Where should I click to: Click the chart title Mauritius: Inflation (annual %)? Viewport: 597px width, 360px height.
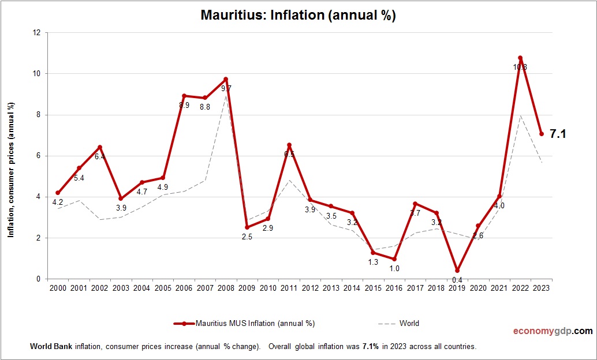(x=298, y=15)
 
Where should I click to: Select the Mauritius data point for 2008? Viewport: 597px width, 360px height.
(x=226, y=79)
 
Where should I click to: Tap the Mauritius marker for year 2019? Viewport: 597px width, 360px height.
(x=457, y=271)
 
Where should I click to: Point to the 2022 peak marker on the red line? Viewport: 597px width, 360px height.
(x=520, y=58)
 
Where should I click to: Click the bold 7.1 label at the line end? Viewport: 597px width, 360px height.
(x=557, y=134)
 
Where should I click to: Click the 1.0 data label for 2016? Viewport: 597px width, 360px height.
(x=394, y=268)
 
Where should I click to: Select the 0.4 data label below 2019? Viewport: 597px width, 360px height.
(x=457, y=280)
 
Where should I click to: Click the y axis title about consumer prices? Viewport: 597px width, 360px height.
(x=11, y=170)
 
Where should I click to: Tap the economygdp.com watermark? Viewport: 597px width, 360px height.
(x=553, y=331)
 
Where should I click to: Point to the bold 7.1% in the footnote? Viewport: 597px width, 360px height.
(x=370, y=347)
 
